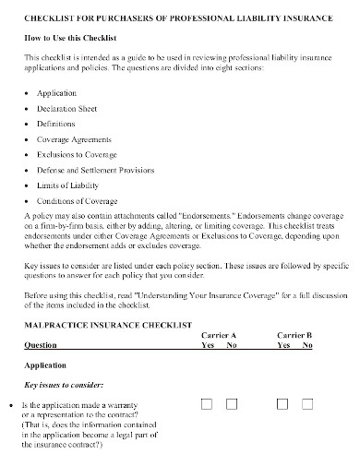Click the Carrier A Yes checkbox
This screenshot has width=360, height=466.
point(208,404)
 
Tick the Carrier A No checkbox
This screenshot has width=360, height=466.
point(232,404)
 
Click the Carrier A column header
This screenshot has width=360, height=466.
point(219,335)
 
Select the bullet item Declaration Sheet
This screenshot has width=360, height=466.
point(67,108)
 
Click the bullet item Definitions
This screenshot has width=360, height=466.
point(57,124)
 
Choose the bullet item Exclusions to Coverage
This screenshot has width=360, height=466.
point(76,155)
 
